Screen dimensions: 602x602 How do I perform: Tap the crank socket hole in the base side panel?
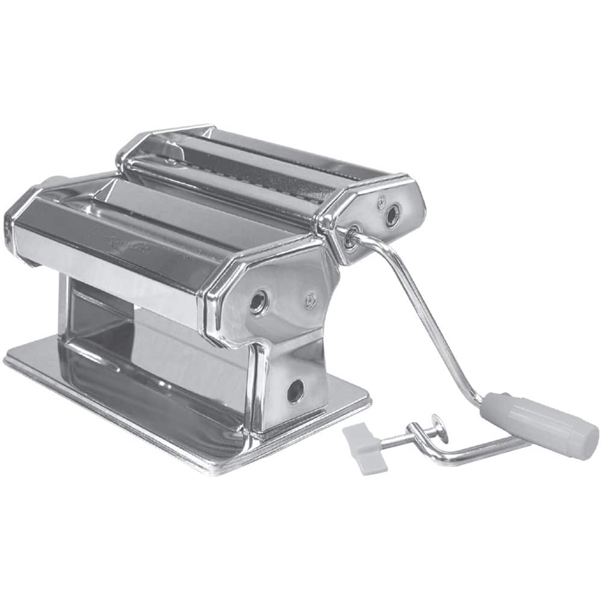tap(295, 391)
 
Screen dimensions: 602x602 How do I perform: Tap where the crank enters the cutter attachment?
tap(351, 238)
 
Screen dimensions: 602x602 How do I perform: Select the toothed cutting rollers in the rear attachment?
tap(241, 169)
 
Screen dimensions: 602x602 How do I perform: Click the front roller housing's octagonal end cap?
tap(271, 295)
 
